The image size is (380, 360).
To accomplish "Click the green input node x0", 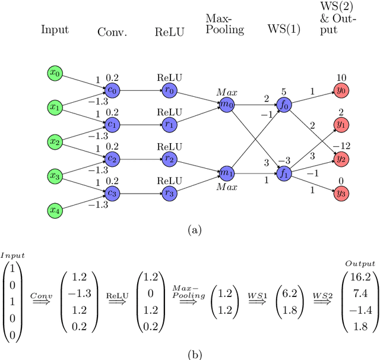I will coord(55,73).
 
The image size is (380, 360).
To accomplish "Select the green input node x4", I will coord(55,210).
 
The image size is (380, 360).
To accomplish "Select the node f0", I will coord(284,105).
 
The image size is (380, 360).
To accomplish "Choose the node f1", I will coord(284,173).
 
